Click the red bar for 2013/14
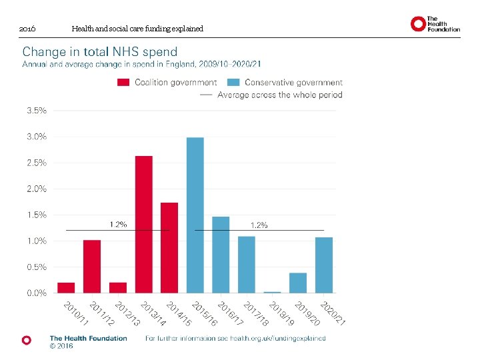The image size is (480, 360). (144, 224)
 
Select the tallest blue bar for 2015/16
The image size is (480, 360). (195, 215)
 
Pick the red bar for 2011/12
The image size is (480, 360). (92, 266)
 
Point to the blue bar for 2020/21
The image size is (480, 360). (324, 265)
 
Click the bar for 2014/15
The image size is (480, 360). (169, 247)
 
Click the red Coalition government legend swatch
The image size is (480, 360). (123, 83)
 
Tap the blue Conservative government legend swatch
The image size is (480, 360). (233, 83)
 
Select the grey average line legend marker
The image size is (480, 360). (205, 95)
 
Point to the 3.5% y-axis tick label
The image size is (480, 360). (37, 111)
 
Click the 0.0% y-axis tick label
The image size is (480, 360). (37, 293)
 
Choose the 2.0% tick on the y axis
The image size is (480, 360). (37, 189)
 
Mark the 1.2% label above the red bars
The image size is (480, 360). (118, 224)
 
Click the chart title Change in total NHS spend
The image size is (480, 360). (100, 51)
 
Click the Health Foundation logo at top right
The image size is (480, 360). (435, 24)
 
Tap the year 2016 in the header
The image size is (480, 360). (27, 29)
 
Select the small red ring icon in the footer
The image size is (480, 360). (27, 340)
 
